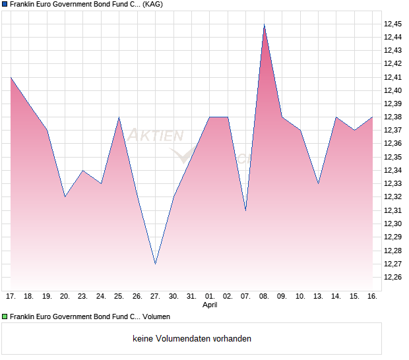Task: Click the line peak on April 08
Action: (x=264, y=24)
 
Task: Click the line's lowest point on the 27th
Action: (x=155, y=264)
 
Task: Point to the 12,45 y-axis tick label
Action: (x=393, y=24)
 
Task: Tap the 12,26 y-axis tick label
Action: (x=393, y=277)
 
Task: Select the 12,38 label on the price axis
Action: (x=393, y=117)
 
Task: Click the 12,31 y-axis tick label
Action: (x=393, y=210)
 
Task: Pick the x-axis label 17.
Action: (x=11, y=296)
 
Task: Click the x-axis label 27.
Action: (x=155, y=296)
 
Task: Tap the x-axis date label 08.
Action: (x=264, y=296)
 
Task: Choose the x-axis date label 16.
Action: (x=372, y=296)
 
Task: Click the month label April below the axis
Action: (x=210, y=305)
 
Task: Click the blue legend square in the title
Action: (x=5, y=4)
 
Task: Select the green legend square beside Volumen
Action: (x=5, y=317)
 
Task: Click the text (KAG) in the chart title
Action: (x=153, y=4)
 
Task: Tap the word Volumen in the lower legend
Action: (x=155, y=317)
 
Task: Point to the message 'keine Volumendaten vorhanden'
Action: (x=192, y=339)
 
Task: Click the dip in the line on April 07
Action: (x=245, y=210)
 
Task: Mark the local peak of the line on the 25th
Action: (x=119, y=117)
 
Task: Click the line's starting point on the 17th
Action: (x=11, y=77)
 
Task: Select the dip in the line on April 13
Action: (x=318, y=183)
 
